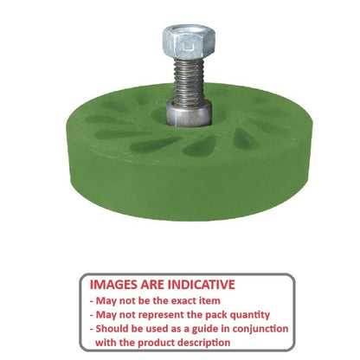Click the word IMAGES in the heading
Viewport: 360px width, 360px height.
[119, 283]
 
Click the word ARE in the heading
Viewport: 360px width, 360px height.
[158, 283]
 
